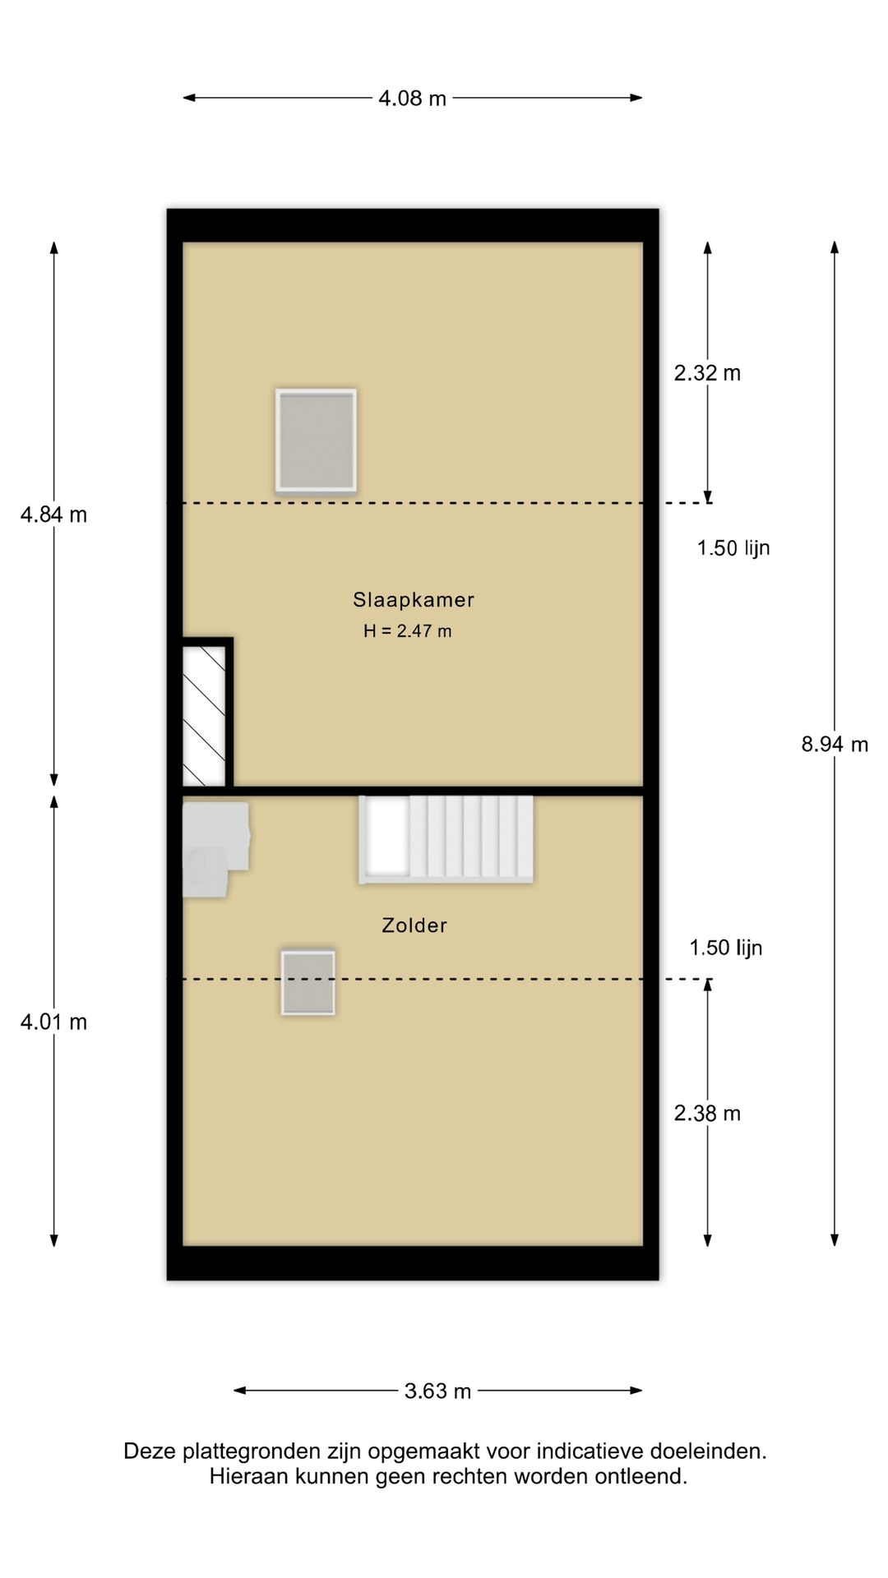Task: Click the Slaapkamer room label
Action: coord(414,600)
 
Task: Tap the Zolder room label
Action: coord(414,925)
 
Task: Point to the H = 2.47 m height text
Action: coord(408,631)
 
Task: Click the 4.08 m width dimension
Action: coord(412,99)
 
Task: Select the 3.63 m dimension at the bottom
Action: coord(437,1391)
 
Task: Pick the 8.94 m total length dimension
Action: coord(835,745)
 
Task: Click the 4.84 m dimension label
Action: coord(53,515)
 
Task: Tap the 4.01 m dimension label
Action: coord(53,1022)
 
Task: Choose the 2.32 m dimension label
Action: coord(707,373)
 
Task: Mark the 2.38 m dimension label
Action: coord(707,1114)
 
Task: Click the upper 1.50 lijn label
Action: coord(733,548)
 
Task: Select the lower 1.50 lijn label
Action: coord(726,948)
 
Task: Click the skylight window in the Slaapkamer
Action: coord(316,441)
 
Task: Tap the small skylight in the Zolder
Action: coord(308,982)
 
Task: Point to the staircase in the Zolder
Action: coord(446,839)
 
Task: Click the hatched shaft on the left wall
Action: coord(204,715)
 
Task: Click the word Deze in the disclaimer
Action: coord(150,1452)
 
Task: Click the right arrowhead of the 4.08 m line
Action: coord(636,98)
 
